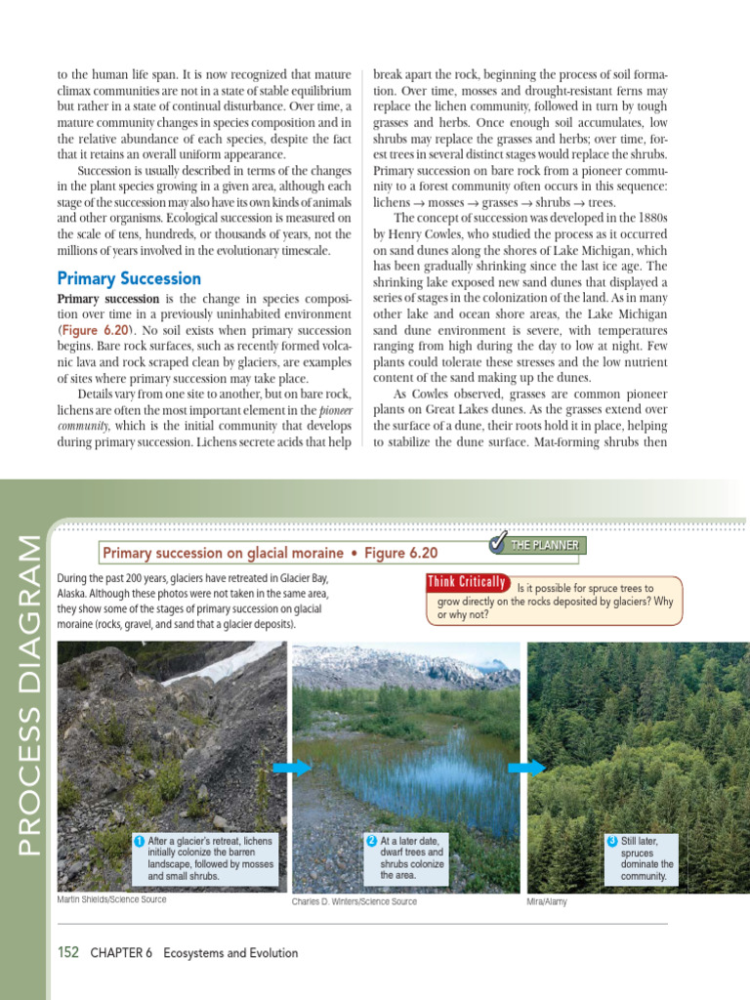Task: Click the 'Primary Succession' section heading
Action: (129, 278)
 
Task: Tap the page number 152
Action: (68, 952)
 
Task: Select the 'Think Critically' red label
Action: (467, 583)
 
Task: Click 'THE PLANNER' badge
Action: (552, 545)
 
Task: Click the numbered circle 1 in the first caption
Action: (140, 841)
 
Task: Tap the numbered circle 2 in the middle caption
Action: (372, 841)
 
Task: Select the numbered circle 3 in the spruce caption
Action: (612, 841)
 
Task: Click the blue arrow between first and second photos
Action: (291, 769)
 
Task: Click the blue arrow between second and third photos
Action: (526, 769)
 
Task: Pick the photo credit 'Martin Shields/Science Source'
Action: (111, 899)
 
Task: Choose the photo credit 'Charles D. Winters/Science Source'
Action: (354, 901)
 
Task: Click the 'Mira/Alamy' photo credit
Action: (546, 901)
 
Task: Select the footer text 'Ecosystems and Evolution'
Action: (230, 952)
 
